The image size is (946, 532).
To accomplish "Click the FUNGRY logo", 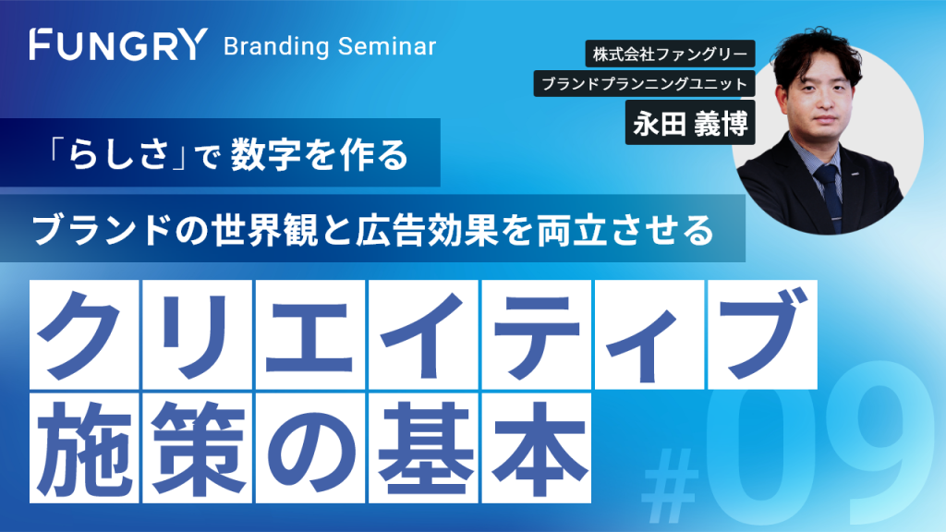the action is [119, 44].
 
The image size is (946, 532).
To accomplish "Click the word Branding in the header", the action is [276, 46].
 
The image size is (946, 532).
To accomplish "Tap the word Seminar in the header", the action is [387, 46].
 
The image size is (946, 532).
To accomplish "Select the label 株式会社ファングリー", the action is [671, 54].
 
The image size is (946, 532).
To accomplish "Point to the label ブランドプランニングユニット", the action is [644, 83].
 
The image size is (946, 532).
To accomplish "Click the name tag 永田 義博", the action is [690, 123].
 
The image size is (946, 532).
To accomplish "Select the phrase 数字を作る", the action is [320, 154].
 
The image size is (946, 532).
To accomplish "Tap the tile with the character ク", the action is [84, 334].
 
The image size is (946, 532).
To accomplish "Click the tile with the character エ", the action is [310, 334].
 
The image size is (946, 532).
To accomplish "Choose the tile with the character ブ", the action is [762, 334].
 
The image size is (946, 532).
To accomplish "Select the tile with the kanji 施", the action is [84, 448].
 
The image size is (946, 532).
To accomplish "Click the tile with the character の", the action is [310, 448].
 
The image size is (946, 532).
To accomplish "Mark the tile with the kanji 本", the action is [537, 448].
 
